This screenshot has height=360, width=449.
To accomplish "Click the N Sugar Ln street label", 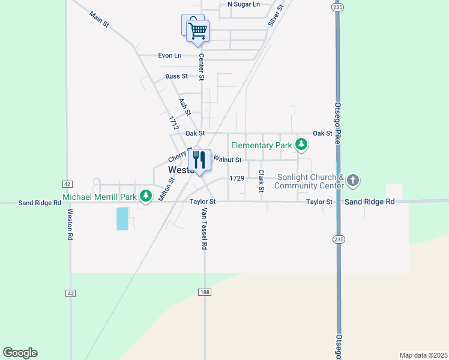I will [244, 4].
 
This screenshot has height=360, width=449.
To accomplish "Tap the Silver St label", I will [275, 16].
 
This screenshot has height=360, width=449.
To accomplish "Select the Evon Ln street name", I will [169, 56].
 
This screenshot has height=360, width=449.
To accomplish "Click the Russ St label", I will [176, 76].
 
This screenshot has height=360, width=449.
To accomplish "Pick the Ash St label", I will [185, 107].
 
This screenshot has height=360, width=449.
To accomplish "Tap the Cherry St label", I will [179, 155].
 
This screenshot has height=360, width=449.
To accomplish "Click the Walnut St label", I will [228, 160].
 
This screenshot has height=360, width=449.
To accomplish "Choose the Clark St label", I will [261, 181].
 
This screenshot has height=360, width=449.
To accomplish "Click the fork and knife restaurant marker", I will [199, 160].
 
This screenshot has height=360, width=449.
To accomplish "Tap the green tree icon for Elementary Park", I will [301, 145].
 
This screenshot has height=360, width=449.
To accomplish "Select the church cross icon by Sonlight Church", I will [354, 180].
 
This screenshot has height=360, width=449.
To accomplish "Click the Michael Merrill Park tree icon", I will [145, 196].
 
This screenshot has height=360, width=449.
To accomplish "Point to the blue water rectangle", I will [122, 219].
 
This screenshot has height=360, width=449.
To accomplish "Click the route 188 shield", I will [204, 292].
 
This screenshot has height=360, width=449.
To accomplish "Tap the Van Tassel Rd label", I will [204, 229].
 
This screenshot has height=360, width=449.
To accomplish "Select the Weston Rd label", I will [70, 224].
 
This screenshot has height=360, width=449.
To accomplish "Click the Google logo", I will [20, 353].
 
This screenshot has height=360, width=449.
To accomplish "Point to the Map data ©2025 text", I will [423, 355].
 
